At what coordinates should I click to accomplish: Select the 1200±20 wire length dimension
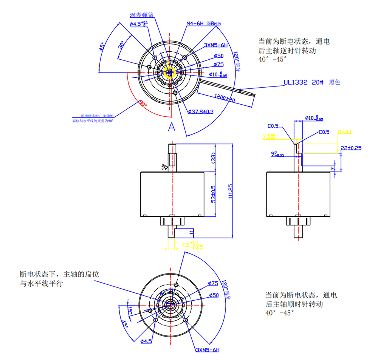coord(226,98)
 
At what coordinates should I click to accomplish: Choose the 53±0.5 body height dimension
coord(214,194)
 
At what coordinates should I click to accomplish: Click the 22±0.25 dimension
coord(351,148)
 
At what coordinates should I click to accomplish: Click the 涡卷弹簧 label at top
coord(141,15)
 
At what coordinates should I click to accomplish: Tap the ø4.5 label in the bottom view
coord(146,341)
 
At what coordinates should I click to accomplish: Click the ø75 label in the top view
coord(218,65)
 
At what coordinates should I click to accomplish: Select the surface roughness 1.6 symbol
coord(164,167)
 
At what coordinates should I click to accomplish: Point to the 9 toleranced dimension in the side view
coord(278,154)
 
